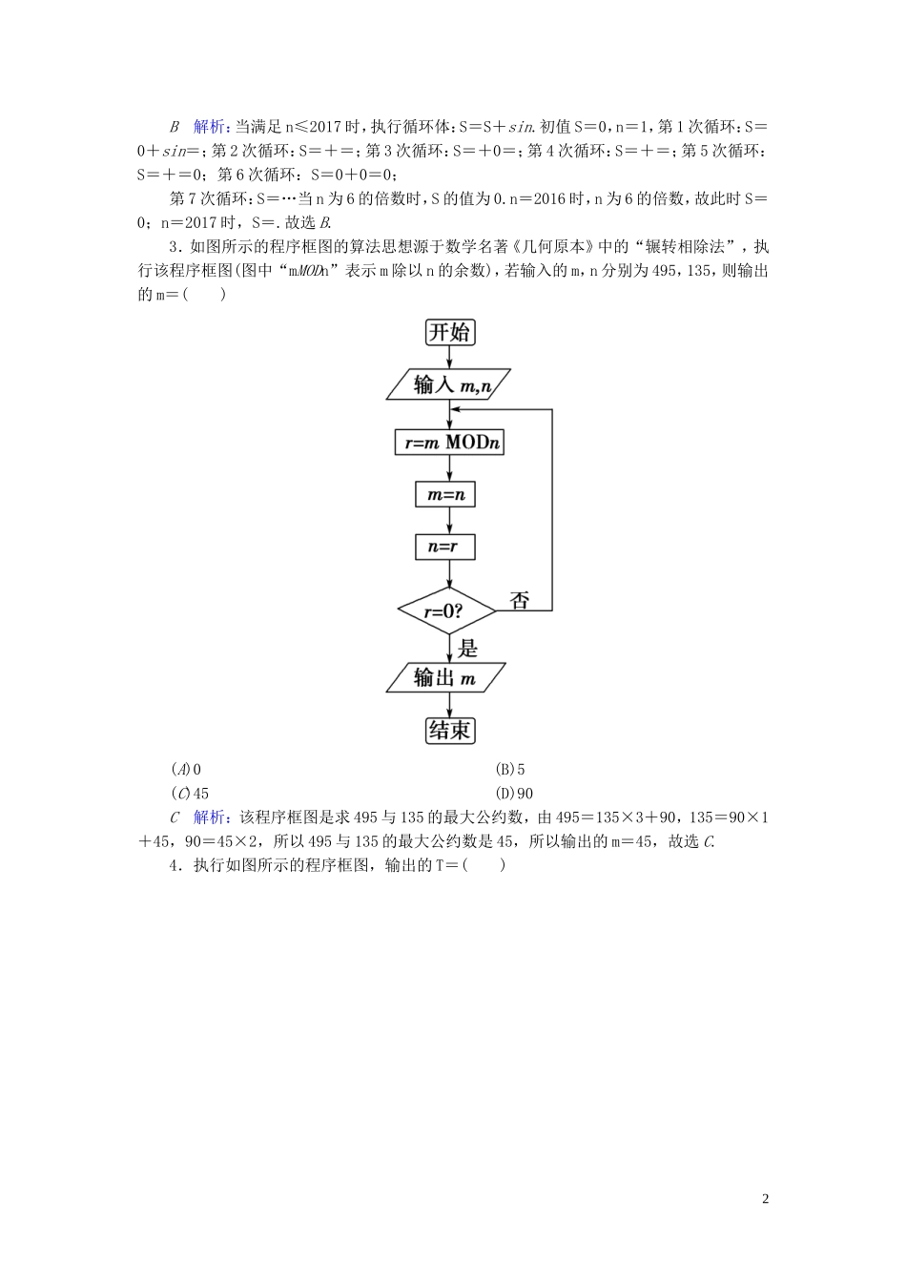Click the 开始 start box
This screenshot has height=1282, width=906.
pos(449,332)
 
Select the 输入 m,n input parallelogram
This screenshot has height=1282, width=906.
pos(448,384)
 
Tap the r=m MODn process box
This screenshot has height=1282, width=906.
pos(448,443)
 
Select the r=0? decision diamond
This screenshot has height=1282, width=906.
pos(446,610)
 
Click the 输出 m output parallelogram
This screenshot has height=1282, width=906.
pos(445,677)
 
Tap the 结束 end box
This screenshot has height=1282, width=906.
pos(449,731)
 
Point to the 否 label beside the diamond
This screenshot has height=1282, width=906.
pos(519,600)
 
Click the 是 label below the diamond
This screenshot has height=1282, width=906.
pos(467,649)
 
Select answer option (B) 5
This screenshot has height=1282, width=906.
pos(510,769)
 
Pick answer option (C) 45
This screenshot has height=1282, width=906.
pos(190,793)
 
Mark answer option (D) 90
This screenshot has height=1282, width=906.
pos(514,793)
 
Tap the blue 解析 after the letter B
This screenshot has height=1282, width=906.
pos(211,127)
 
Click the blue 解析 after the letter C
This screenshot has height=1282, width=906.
pos(211,817)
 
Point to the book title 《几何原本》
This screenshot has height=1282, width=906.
pos(545,247)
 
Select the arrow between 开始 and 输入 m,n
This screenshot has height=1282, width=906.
pos(449,357)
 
